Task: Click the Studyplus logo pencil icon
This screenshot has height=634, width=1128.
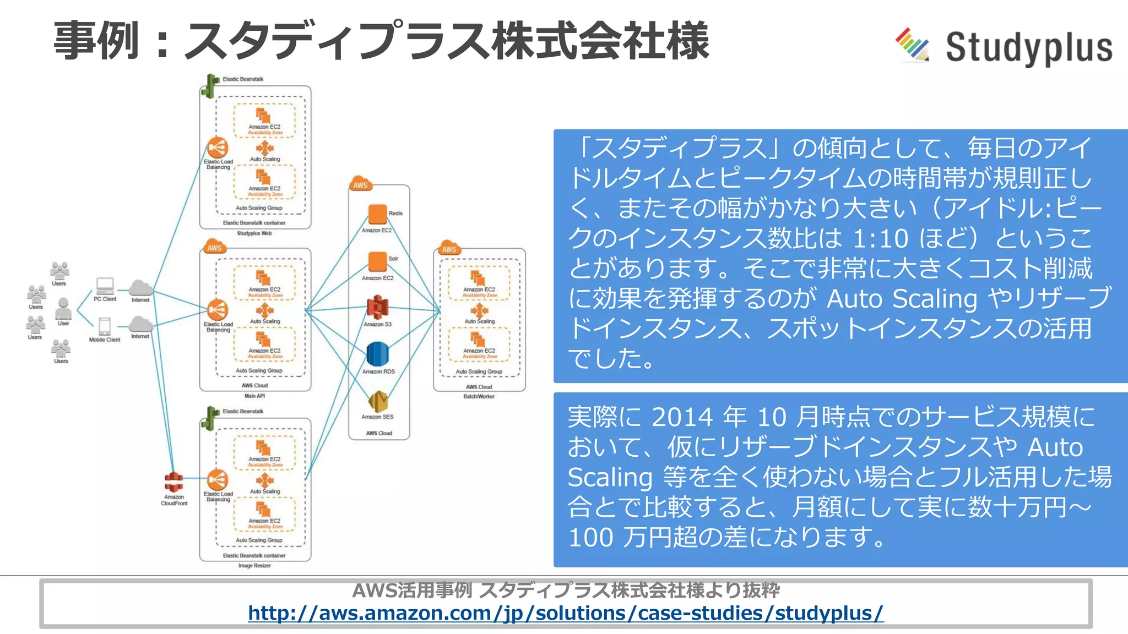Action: pos(912,44)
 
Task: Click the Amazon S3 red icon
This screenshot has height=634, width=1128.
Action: pos(377,307)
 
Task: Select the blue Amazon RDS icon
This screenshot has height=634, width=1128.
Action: pos(377,354)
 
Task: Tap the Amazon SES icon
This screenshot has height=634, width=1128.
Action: pos(378,402)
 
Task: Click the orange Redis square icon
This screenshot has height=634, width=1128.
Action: pos(377,214)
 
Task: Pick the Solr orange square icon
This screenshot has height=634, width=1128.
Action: pos(377,261)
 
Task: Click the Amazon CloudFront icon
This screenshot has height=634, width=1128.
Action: pos(174,482)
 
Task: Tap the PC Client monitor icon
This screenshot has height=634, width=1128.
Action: pos(105,286)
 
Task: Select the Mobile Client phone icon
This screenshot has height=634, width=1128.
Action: pos(105,326)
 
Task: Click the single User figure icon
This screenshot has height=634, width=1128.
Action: pos(63,308)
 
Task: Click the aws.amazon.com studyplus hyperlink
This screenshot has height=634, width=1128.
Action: pos(566,613)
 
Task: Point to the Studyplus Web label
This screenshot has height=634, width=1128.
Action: pos(254,233)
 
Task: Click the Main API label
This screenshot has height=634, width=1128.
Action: pos(254,396)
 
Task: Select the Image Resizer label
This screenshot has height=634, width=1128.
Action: pos(254,566)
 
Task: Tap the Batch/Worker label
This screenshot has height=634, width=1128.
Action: pos(479,396)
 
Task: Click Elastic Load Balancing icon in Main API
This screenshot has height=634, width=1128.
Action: pos(218,310)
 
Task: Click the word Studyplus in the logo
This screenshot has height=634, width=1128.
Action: pos(1029,48)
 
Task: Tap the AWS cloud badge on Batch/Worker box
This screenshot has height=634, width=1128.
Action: pos(449,248)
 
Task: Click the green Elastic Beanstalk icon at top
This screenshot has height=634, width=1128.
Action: pos(210,85)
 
